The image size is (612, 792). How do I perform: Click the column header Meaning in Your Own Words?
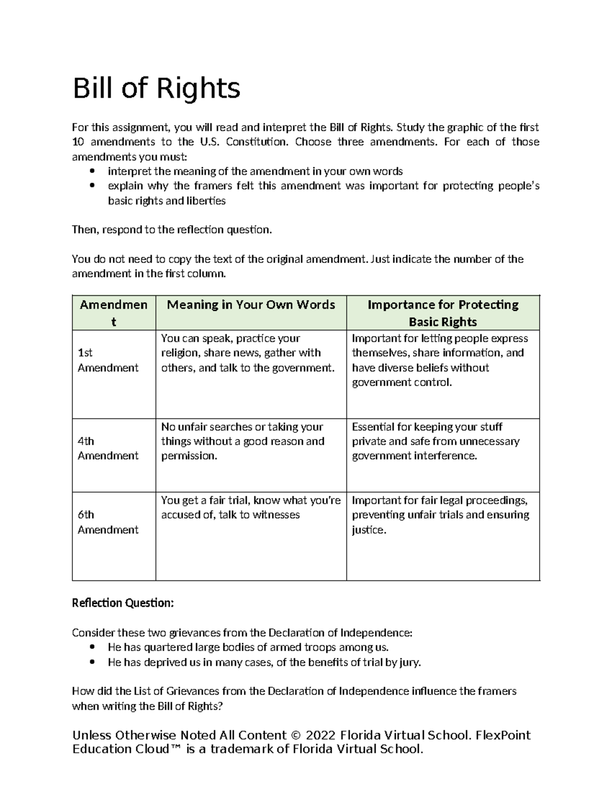click(251, 305)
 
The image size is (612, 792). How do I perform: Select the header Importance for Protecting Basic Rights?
click(443, 313)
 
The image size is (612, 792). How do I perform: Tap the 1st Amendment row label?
click(108, 360)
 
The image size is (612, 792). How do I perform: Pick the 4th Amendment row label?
click(108, 448)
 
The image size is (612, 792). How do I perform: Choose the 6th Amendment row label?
click(108, 522)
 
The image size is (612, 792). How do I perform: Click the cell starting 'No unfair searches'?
click(242, 441)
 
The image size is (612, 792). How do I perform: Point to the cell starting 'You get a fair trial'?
click(250, 507)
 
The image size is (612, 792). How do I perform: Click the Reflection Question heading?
click(123, 603)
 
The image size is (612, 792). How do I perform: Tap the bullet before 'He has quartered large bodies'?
click(92, 648)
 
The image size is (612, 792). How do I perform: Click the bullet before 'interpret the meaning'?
click(92, 171)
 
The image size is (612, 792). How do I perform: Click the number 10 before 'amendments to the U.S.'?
click(79, 142)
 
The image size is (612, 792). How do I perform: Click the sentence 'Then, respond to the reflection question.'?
click(172, 229)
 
